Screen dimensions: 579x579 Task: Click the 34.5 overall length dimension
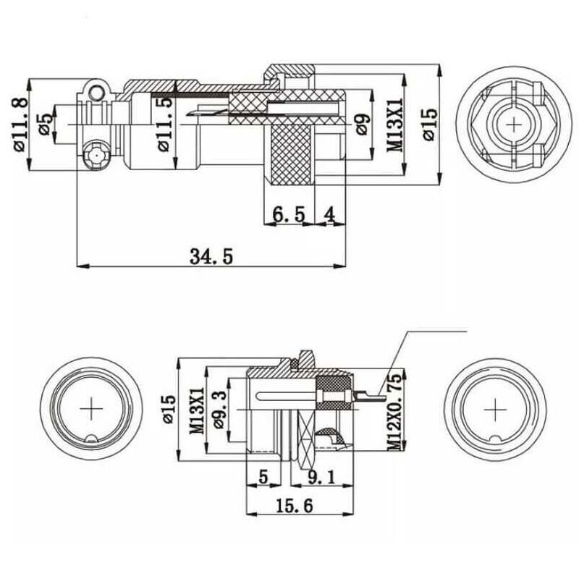click(211, 256)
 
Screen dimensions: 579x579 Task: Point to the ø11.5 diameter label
click(166, 124)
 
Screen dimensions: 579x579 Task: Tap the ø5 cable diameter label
click(43, 124)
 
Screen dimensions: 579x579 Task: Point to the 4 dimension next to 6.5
click(330, 214)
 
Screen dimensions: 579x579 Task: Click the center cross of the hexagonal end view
click(515, 124)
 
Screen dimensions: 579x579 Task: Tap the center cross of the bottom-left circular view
click(93, 410)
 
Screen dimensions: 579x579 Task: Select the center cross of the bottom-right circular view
click(495, 410)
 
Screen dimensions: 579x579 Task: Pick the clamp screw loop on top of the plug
click(94, 91)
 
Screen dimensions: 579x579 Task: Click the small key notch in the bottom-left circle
click(93, 439)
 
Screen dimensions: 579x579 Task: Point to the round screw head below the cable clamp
click(94, 155)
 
